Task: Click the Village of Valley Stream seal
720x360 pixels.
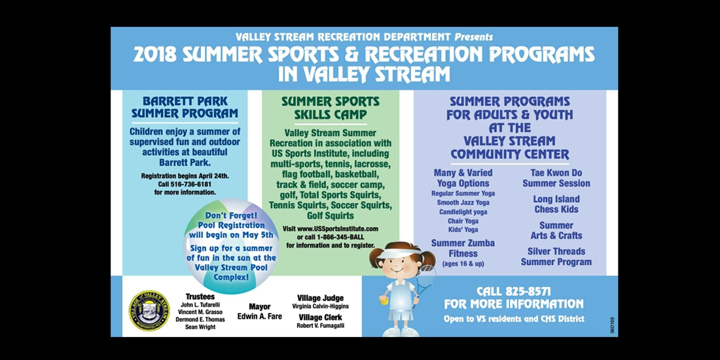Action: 149,310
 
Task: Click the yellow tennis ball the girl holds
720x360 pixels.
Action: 384,301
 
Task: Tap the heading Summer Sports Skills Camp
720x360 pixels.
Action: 330,108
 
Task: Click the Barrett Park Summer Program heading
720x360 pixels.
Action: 185,107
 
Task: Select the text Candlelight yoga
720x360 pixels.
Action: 463,211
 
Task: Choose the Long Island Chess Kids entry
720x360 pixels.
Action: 556,204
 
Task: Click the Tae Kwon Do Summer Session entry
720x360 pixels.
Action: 556,178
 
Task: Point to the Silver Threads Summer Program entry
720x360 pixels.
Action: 556,257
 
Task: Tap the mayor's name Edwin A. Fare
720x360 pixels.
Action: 259,316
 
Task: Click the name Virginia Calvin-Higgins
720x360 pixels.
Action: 320,306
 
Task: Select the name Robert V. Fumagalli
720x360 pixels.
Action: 320,325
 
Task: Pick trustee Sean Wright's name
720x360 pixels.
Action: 200,327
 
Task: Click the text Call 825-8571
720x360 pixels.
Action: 513,291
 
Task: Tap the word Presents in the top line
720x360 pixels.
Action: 473,37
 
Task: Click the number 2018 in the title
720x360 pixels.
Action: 154,54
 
